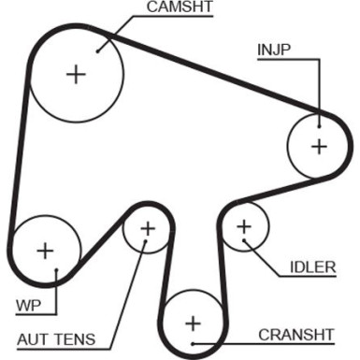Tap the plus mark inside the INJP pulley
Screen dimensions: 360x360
(319, 146)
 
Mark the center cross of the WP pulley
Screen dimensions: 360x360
(44, 250)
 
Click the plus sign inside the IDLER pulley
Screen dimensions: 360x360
(244, 225)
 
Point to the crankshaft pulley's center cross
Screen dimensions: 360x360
(193, 323)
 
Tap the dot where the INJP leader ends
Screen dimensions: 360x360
(319, 116)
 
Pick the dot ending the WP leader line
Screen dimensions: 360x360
(57, 272)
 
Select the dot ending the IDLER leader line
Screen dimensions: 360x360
(246, 242)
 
